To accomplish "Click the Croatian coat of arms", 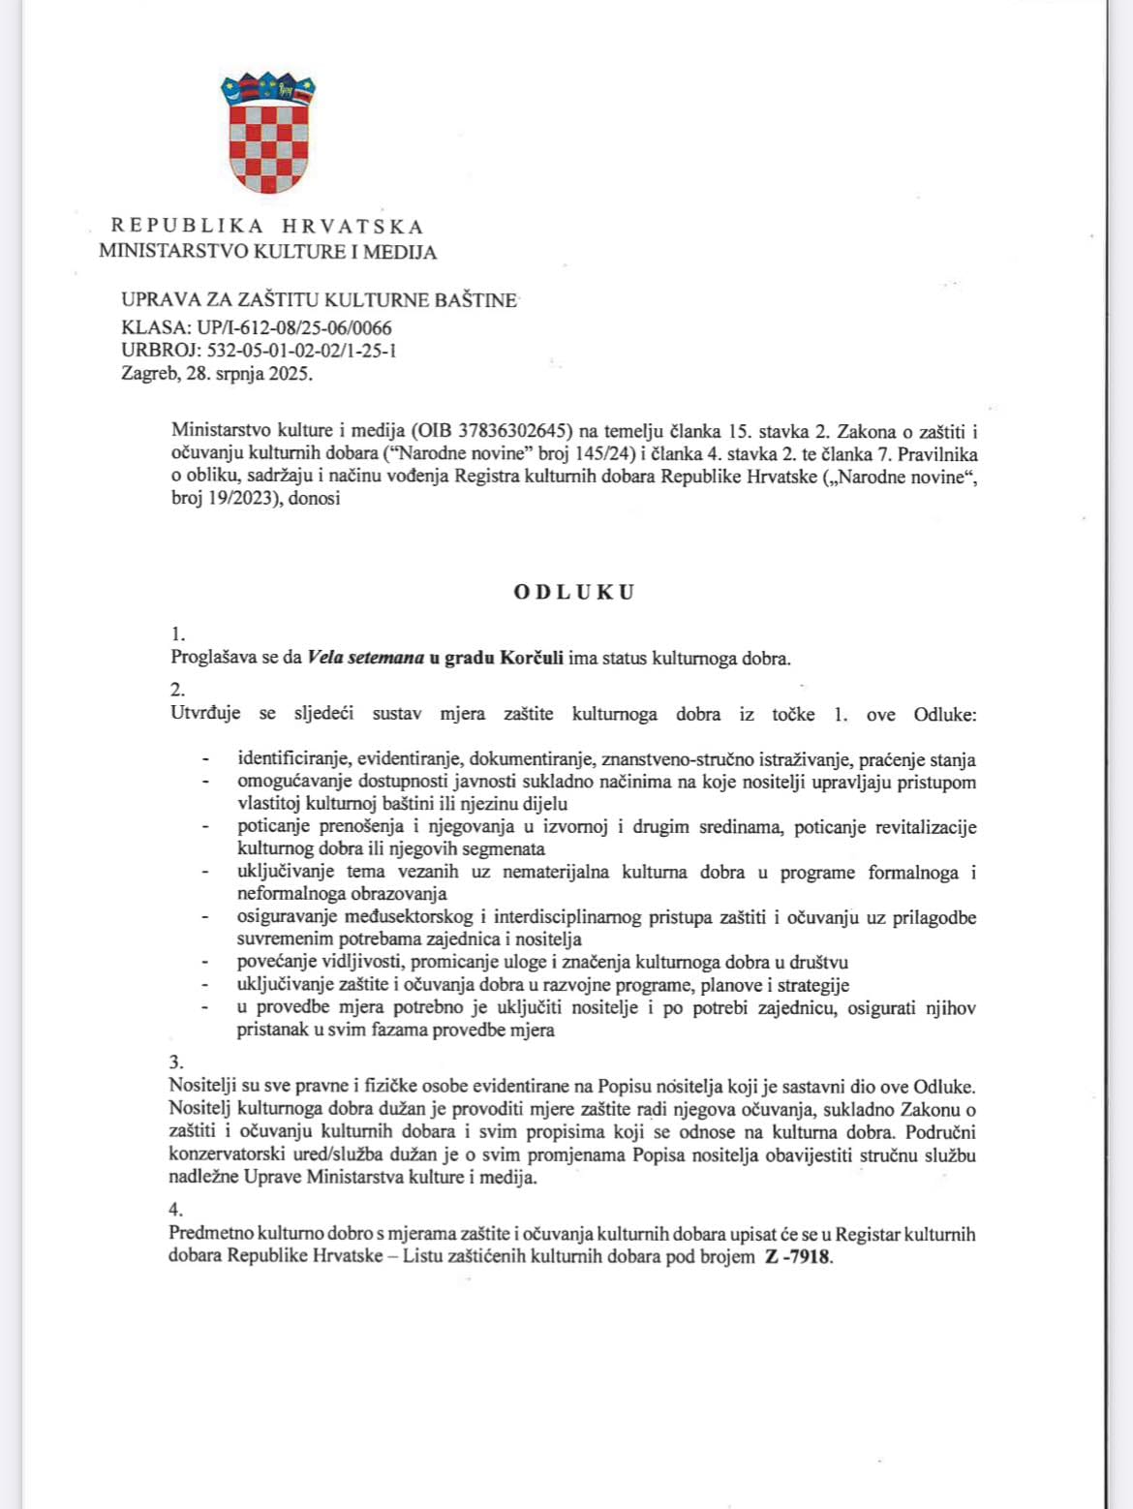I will [x=268, y=133].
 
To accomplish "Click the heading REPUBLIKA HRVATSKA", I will [x=267, y=227].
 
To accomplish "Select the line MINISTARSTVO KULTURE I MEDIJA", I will [x=267, y=252].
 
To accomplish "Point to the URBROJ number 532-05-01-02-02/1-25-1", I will [x=301, y=351].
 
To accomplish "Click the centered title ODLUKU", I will [x=574, y=592].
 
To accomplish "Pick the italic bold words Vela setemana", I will [x=365, y=659].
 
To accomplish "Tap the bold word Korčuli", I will [x=532, y=659].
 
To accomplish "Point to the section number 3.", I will [x=176, y=1062].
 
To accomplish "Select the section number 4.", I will [x=176, y=1210].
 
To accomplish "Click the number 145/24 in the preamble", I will [x=602, y=454].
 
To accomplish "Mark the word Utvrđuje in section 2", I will [x=205, y=714].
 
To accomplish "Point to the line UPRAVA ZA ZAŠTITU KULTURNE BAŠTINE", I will [x=319, y=300].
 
